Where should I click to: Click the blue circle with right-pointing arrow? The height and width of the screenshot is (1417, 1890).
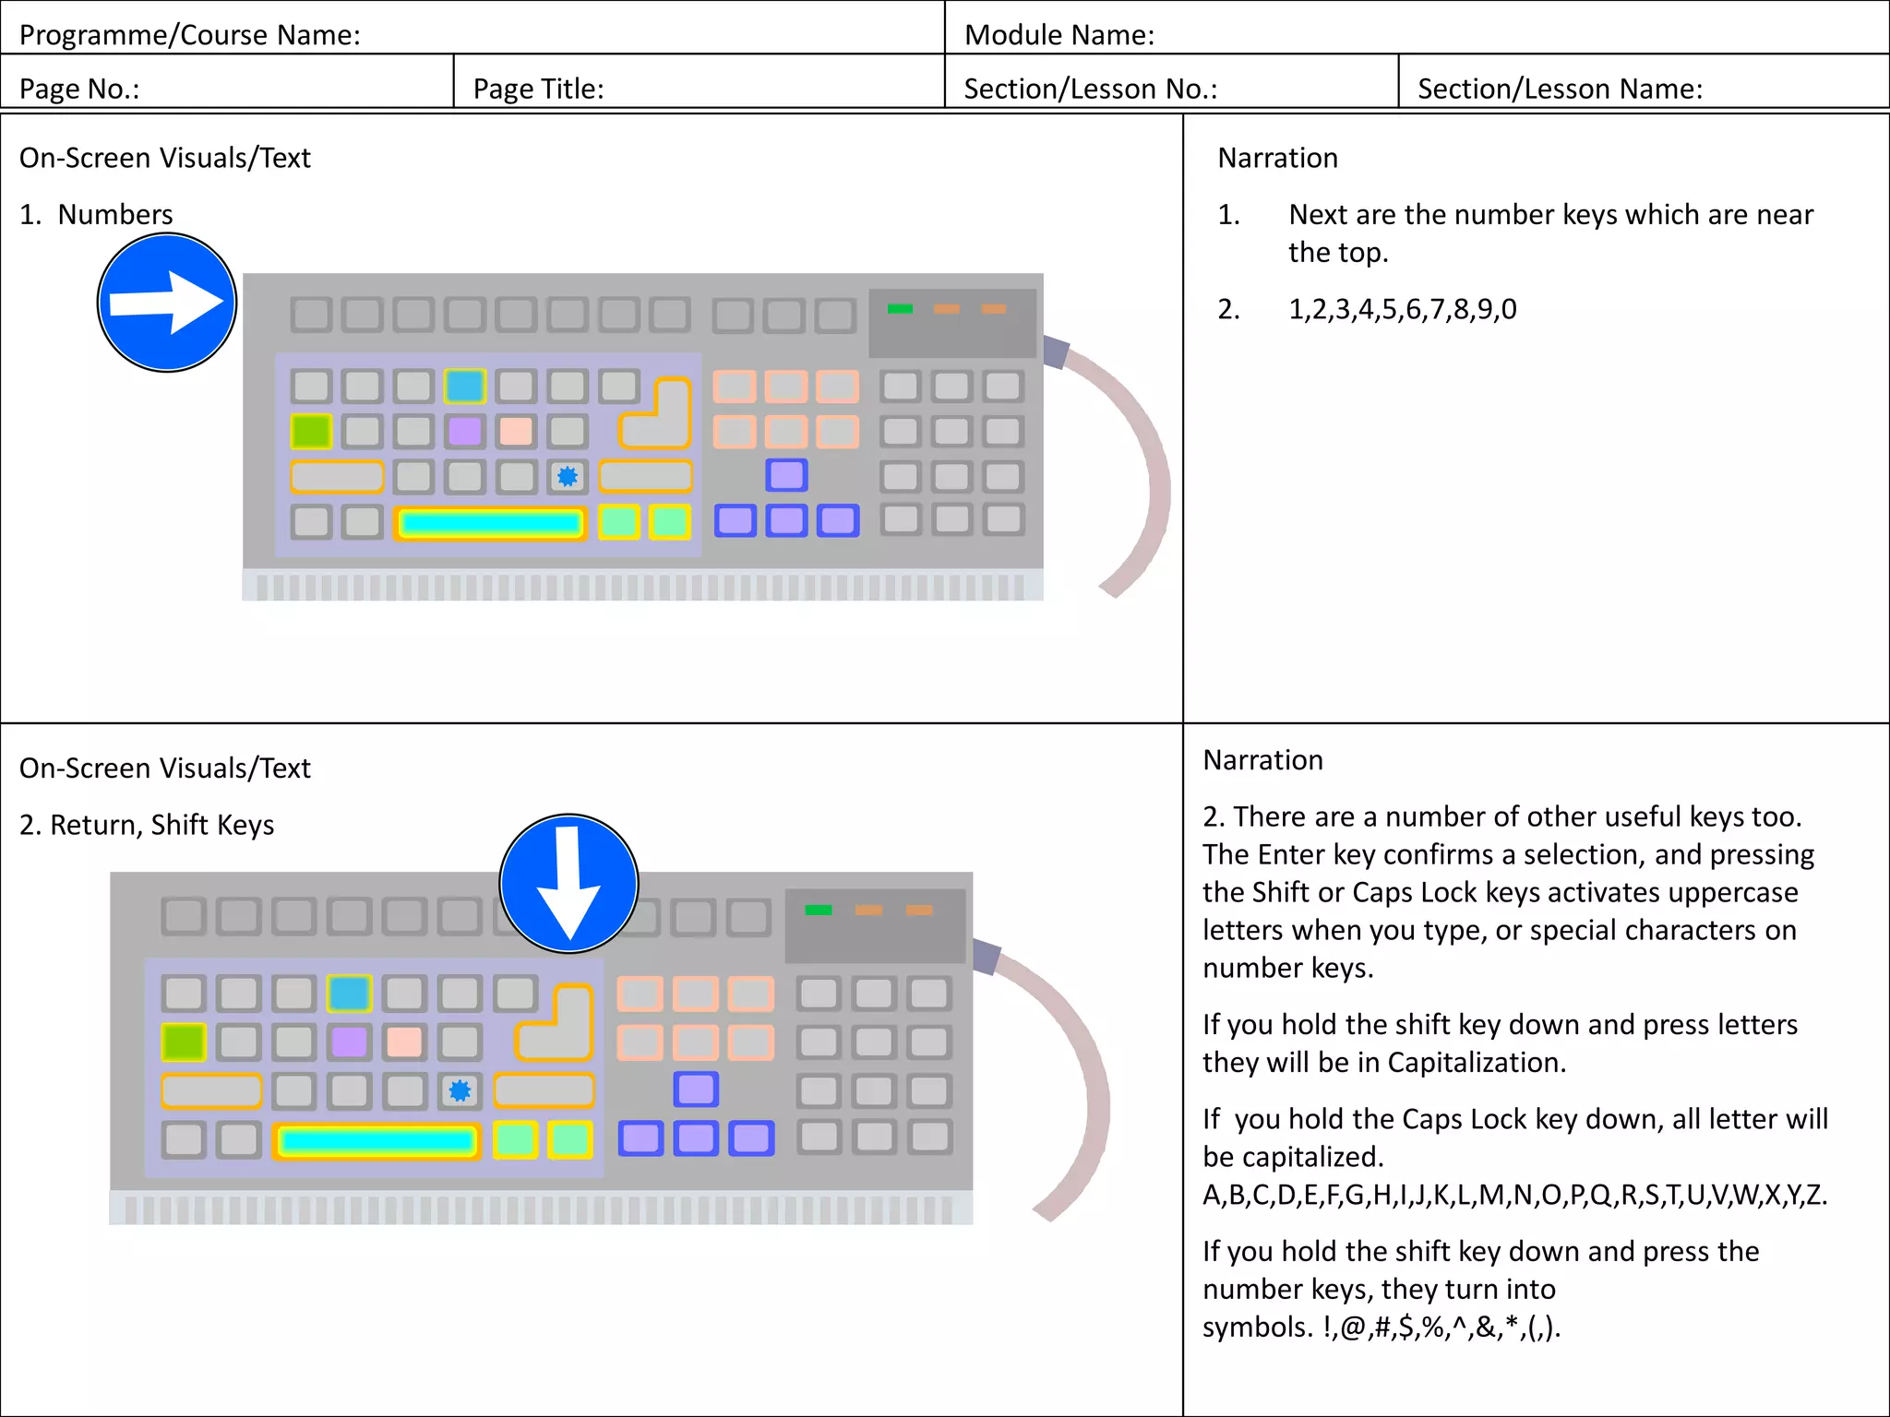click(x=167, y=303)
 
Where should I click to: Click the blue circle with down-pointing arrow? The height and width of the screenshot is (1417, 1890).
click(x=568, y=884)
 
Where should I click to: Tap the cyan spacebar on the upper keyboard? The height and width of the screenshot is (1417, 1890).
click(x=491, y=524)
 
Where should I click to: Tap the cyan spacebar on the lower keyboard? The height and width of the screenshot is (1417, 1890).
click(x=377, y=1141)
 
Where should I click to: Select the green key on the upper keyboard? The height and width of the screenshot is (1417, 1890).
click(x=311, y=431)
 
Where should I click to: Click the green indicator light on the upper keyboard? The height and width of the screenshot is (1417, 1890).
click(x=900, y=309)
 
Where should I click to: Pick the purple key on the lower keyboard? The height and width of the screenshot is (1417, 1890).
click(x=349, y=1042)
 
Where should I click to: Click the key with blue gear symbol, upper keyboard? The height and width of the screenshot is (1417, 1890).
click(x=568, y=477)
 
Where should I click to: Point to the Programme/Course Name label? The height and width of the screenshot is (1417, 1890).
click(x=190, y=35)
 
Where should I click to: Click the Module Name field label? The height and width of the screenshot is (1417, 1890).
click(x=1059, y=35)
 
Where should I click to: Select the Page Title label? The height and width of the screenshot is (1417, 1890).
click(x=538, y=89)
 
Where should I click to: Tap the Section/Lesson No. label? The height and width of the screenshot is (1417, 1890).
click(x=1090, y=89)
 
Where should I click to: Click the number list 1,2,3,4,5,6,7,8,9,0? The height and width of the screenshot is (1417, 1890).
click(x=1402, y=309)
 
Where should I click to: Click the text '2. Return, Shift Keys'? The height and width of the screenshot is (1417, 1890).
click(x=148, y=825)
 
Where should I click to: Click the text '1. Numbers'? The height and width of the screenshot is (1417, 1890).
click(x=97, y=214)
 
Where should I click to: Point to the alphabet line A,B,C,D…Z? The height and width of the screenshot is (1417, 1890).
click(x=1513, y=1195)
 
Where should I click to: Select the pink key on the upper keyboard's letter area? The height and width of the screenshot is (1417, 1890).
click(x=516, y=431)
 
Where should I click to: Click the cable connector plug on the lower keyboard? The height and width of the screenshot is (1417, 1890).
click(x=986, y=958)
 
